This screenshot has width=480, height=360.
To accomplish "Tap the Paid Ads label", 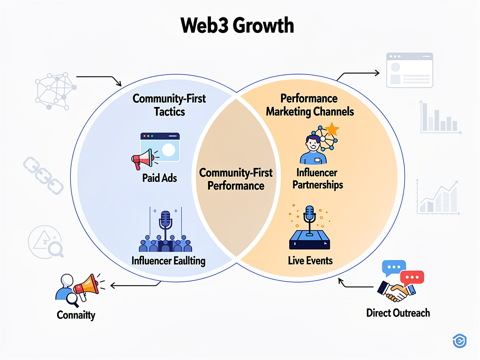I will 160,178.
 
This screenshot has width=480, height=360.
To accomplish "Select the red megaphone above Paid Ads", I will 143,158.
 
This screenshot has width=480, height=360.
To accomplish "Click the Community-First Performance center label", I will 236,179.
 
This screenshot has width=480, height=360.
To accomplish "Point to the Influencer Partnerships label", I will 317,179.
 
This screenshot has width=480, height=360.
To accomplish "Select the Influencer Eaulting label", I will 168,261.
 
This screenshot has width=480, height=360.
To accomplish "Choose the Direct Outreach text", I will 398,313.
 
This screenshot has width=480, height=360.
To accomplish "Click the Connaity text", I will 76,315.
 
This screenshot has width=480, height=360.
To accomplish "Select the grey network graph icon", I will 54,90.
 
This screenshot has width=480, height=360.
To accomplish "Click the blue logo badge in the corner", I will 460,341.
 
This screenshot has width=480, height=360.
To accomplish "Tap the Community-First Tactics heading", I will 169,105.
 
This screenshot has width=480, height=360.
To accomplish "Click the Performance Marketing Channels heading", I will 309,105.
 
